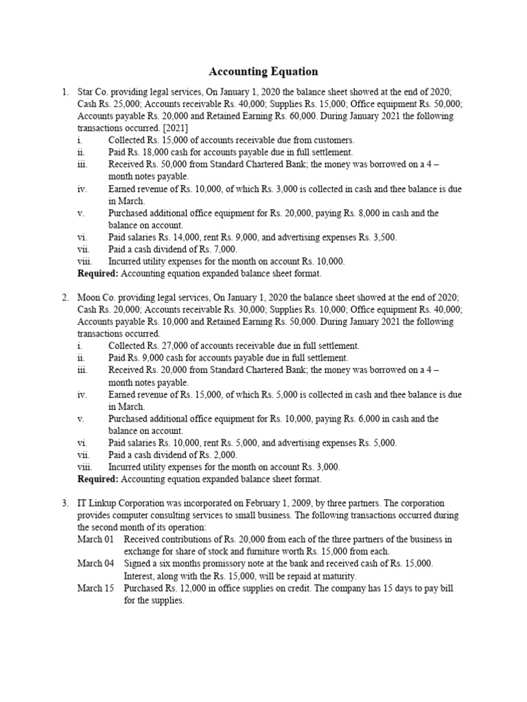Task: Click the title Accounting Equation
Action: point(263,71)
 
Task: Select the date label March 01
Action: point(95,540)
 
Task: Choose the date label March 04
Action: point(95,564)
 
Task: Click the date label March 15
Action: point(95,588)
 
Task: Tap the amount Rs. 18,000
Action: point(148,152)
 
